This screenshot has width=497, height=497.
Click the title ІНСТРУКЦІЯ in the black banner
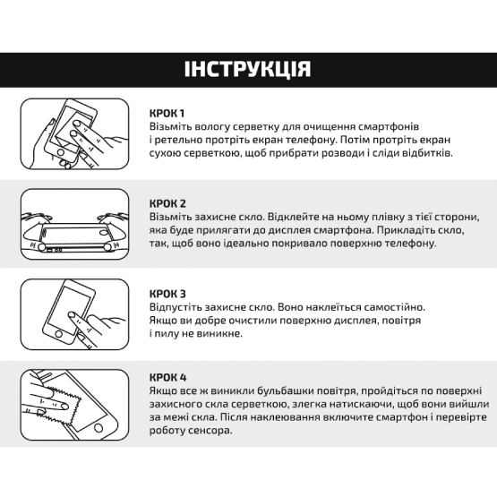coord(248,70)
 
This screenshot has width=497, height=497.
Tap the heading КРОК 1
coord(167,113)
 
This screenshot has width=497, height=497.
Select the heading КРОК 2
coord(168,203)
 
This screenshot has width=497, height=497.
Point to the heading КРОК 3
coord(168,294)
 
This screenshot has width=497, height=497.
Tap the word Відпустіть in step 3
coord(177,307)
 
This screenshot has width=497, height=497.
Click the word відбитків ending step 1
coord(426,153)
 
